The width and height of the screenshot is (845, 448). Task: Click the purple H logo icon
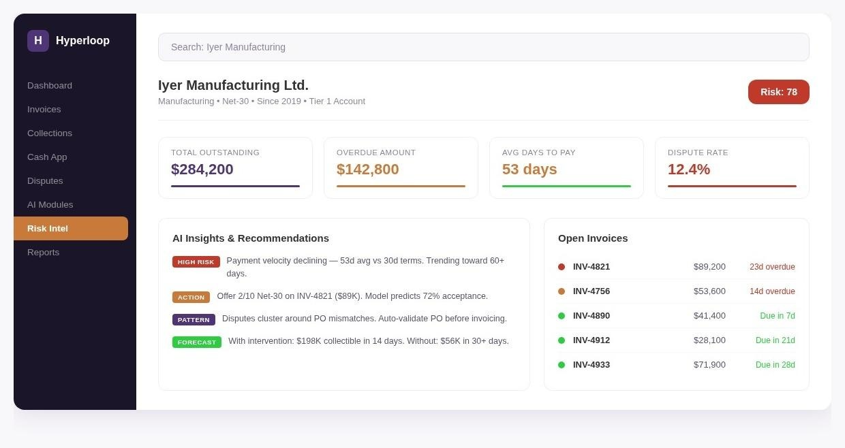[x=38, y=41]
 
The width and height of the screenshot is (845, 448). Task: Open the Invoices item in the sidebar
[x=44, y=109]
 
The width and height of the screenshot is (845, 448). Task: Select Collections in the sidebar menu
[x=50, y=133]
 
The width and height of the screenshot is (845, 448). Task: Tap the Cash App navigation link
[x=47, y=157]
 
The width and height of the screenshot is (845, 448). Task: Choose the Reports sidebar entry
[x=43, y=253]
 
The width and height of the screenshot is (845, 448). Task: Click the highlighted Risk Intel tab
[x=71, y=228]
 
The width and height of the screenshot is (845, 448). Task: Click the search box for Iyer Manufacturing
[x=484, y=47]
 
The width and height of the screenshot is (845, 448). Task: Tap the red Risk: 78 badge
[x=779, y=92]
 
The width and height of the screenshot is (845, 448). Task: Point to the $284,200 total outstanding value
[x=202, y=170]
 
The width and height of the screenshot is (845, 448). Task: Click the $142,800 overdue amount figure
[x=367, y=170]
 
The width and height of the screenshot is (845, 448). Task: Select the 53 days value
[x=529, y=170]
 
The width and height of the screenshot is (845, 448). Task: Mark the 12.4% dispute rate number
[x=689, y=170]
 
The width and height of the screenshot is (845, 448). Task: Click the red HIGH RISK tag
[x=196, y=262]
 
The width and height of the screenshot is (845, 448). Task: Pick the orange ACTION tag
[x=191, y=298]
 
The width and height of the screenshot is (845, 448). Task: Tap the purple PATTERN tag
[x=194, y=320]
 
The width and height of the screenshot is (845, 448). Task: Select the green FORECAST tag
[x=196, y=342]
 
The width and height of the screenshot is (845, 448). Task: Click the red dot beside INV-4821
[x=562, y=267]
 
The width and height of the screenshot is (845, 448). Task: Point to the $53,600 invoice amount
[x=709, y=291]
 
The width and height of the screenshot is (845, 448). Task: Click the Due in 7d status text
[x=777, y=316]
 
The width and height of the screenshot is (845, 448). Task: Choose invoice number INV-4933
[x=591, y=365]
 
